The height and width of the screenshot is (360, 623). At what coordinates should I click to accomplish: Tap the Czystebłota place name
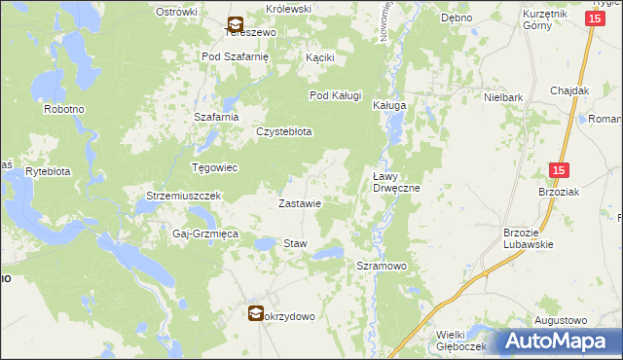pos(283,131)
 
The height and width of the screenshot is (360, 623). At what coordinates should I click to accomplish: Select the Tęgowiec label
pos(214,167)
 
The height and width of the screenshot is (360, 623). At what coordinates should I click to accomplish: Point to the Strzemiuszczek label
pos(184,196)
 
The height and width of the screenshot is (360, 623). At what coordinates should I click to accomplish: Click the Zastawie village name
pos(300,204)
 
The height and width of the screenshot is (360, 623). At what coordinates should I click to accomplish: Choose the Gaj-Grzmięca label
pos(199,235)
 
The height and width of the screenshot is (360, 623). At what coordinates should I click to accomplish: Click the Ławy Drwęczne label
pos(396,182)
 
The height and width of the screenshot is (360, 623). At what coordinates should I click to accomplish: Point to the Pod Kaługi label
pos(336,95)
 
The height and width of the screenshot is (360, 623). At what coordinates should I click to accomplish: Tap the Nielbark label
pos(504,98)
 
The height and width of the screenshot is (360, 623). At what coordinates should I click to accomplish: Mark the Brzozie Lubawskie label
pos(528,238)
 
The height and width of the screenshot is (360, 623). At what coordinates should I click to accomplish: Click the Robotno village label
pos(64,110)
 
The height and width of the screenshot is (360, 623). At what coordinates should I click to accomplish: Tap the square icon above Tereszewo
pos(236,22)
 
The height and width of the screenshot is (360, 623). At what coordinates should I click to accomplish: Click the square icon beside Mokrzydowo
pos(255,313)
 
